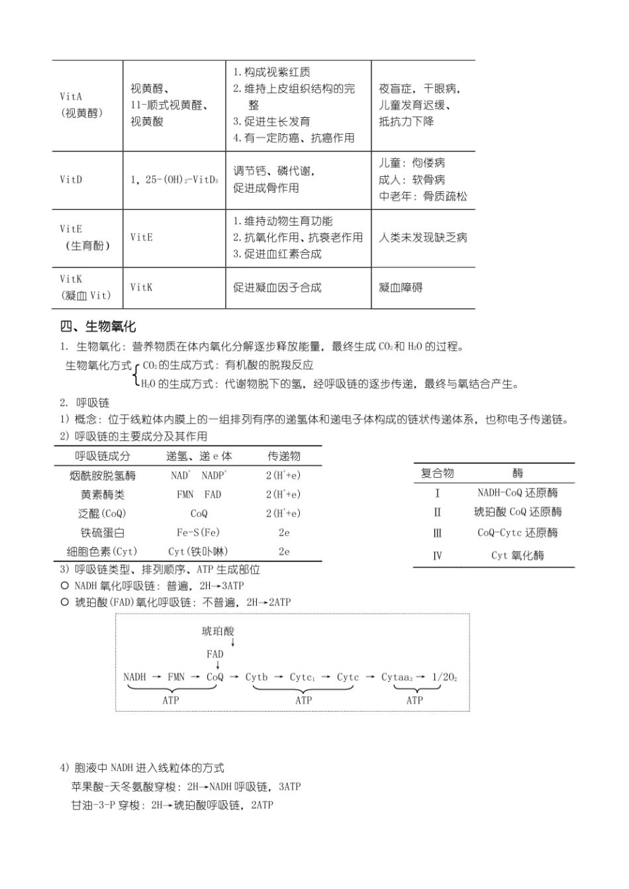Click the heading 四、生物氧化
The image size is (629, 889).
[98, 326]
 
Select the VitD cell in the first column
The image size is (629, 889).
[71, 179]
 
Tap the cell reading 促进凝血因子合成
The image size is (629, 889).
[277, 287]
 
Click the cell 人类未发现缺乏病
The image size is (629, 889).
[422, 238]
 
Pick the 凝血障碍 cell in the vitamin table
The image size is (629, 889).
[400, 287]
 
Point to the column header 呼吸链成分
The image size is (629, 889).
[102, 456]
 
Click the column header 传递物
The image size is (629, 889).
[283, 456]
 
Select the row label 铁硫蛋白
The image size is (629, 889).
[102, 532]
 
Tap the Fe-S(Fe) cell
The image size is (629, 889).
[198, 532]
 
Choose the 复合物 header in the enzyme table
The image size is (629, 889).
[437, 473]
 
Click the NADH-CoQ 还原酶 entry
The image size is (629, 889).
[517, 492]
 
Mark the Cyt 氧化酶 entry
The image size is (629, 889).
[517, 555]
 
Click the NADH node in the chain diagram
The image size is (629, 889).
[134, 677]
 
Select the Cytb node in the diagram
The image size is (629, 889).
[256, 677]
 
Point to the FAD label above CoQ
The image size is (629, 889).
[215, 654]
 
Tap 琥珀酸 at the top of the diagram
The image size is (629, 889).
[218, 632]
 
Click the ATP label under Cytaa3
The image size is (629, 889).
[414, 700]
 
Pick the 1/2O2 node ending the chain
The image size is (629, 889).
[444, 677]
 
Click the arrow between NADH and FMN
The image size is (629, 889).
[156, 677]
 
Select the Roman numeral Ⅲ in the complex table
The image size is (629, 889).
[437, 534]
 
